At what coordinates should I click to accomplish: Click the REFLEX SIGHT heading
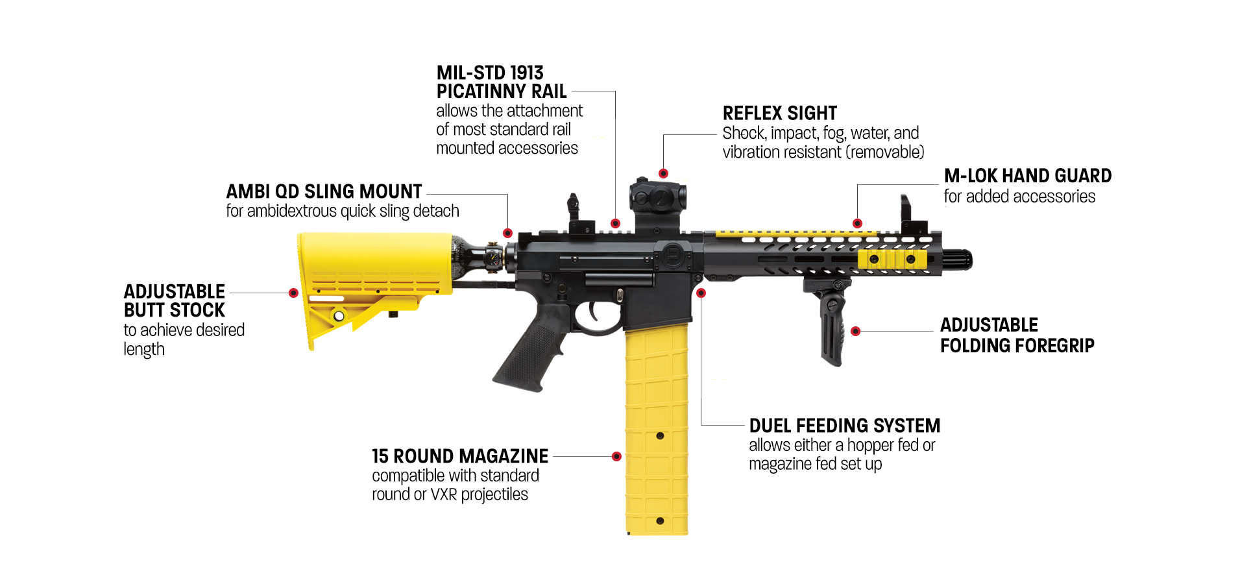click(779, 114)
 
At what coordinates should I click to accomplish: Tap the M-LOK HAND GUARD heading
click(1027, 176)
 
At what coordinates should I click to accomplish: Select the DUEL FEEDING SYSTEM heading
click(844, 426)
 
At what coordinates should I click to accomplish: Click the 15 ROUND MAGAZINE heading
click(459, 456)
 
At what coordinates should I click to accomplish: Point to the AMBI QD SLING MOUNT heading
click(324, 191)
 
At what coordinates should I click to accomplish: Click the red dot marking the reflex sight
click(663, 173)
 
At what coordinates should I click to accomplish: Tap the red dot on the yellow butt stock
click(293, 293)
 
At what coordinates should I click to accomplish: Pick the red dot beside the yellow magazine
click(616, 456)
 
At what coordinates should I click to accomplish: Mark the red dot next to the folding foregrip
click(855, 331)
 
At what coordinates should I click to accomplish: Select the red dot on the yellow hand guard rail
click(857, 223)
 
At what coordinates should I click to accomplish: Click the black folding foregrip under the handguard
click(831, 324)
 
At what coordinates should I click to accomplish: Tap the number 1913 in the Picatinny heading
click(526, 73)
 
